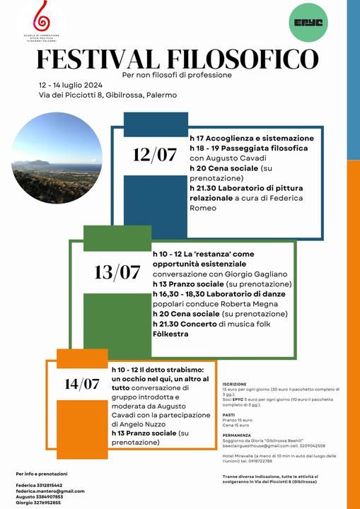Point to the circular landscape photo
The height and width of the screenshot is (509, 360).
(x=57, y=158)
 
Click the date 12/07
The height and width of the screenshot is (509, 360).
(x=155, y=155)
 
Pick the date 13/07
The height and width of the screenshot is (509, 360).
(x=117, y=271)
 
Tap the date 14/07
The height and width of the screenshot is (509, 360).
(x=82, y=385)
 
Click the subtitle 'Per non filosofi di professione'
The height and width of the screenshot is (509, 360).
(x=177, y=75)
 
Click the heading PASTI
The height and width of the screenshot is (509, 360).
(x=228, y=415)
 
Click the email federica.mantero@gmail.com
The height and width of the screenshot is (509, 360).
(x=50, y=491)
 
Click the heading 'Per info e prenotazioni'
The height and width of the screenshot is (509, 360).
(x=42, y=473)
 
